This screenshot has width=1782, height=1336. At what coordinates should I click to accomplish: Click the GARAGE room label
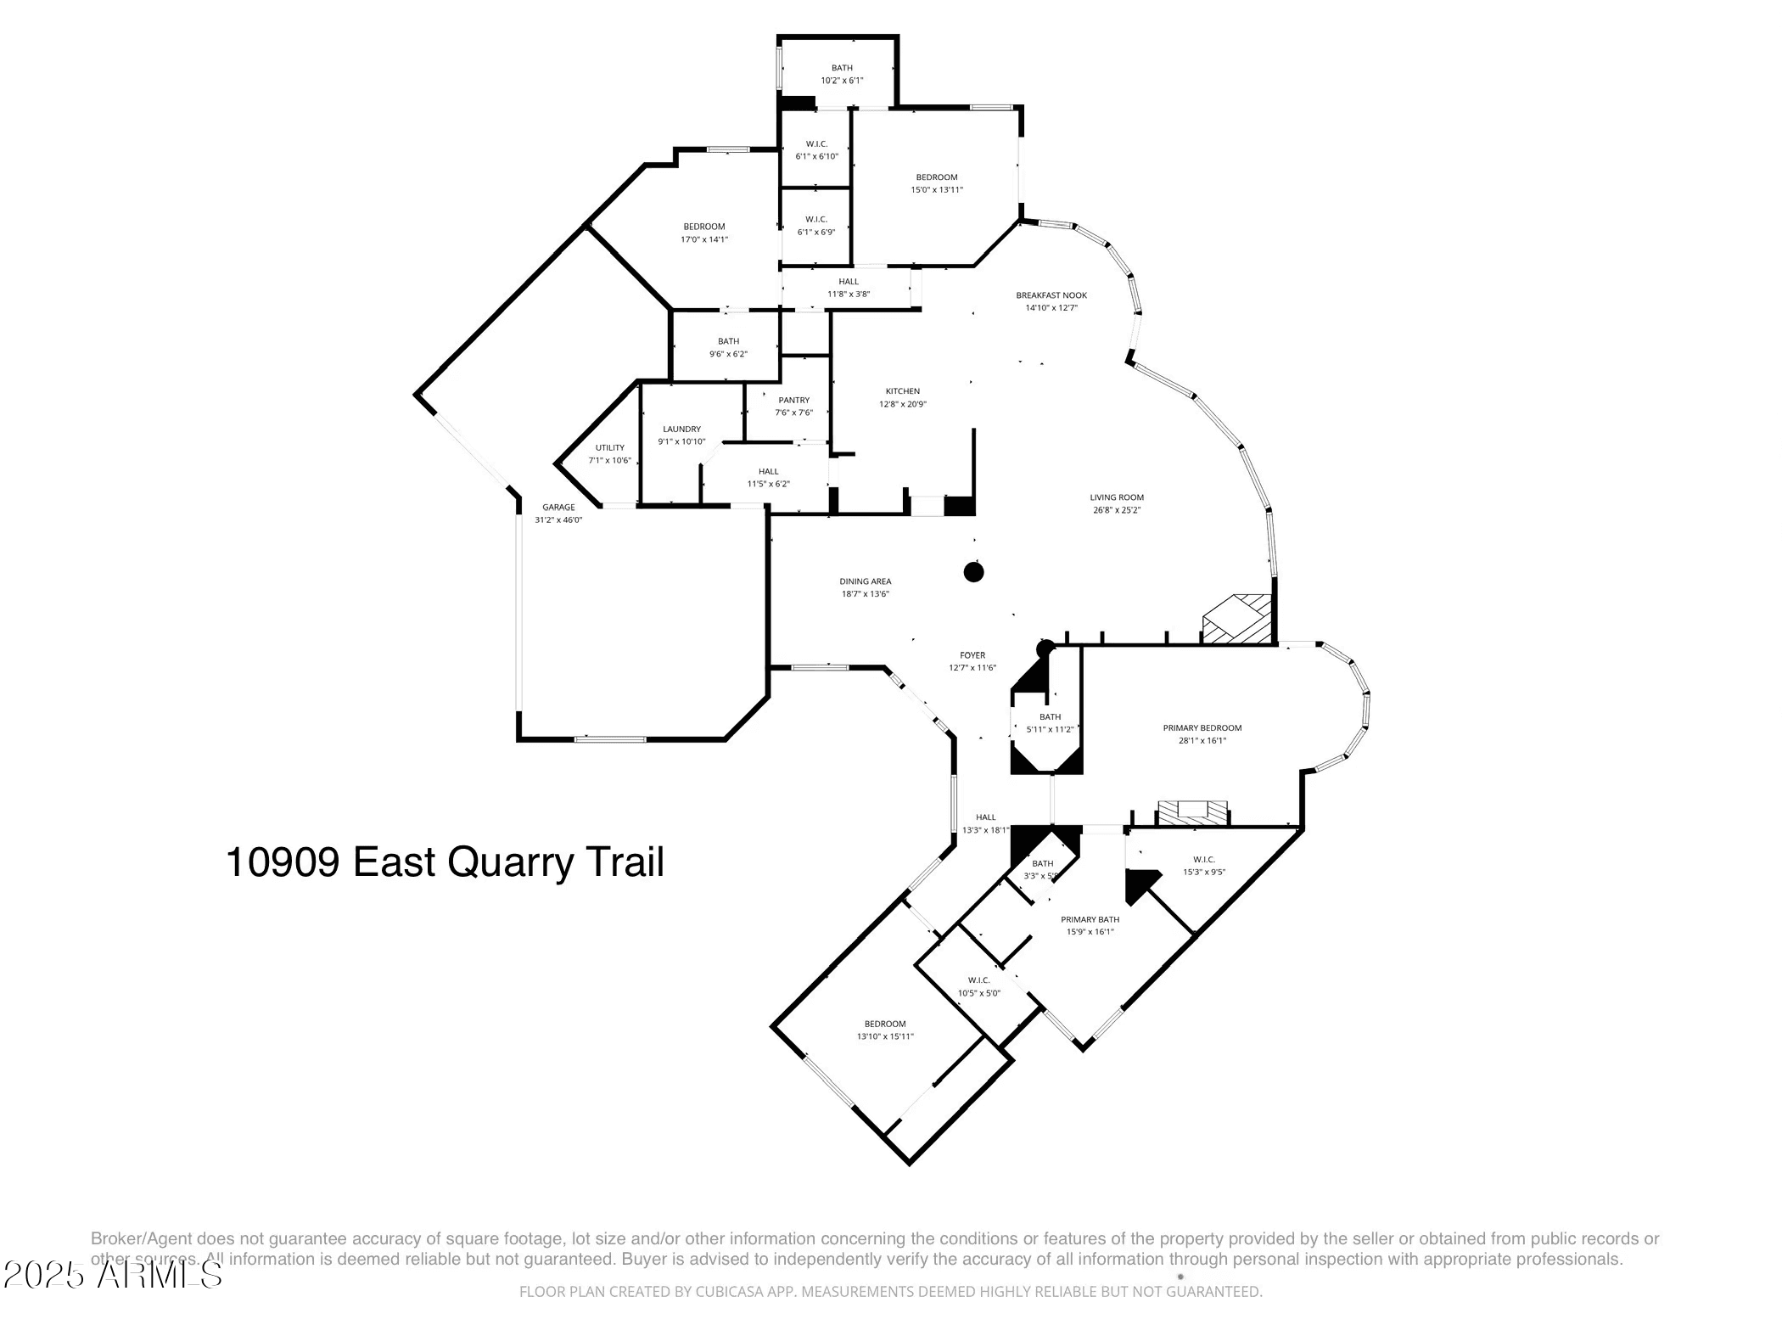(558, 508)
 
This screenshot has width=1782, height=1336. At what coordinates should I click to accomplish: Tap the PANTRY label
(793, 400)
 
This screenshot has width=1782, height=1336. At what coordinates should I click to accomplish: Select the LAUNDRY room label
(681, 429)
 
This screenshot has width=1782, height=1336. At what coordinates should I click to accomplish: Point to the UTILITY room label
(609, 448)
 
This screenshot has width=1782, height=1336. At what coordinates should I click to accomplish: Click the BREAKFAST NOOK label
(1051, 295)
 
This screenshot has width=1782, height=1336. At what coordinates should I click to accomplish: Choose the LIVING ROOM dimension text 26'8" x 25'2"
(1117, 510)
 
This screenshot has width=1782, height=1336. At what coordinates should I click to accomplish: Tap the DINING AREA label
(865, 581)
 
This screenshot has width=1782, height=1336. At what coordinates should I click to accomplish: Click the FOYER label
(972, 655)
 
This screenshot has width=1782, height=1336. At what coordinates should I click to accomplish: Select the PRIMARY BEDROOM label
(1202, 727)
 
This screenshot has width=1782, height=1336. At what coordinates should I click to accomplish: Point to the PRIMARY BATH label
(1090, 919)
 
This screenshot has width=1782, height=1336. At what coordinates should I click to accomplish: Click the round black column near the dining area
(973, 572)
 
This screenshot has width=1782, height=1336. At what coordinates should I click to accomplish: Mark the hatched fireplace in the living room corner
(1238, 618)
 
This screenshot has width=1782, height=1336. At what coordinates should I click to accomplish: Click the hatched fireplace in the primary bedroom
(1193, 811)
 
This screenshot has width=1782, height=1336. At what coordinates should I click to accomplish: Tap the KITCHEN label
(902, 391)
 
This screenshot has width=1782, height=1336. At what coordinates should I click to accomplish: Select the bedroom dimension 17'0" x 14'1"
(704, 239)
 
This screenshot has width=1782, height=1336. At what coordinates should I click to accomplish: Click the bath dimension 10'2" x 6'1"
(842, 81)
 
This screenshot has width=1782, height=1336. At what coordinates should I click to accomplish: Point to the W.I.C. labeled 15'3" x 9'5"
(1203, 860)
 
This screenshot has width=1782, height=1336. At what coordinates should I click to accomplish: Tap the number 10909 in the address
(283, 862)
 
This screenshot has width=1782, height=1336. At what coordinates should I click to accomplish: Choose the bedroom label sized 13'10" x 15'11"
(885, 1024)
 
